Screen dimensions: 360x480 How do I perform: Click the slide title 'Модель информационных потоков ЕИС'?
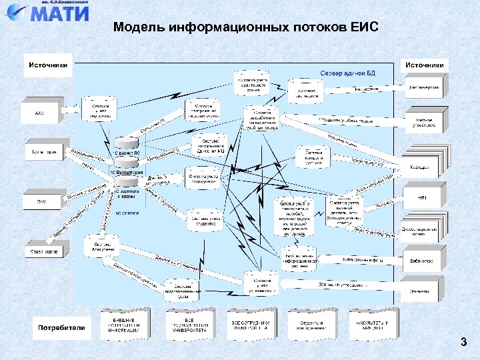click(x=245, y=27)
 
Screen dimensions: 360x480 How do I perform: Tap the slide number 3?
click(x=463, y=343)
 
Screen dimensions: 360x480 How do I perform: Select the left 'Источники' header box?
click(x=47, y=65)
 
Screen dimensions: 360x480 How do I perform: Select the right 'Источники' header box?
click(x=425, y=65)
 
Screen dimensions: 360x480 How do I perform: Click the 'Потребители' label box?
click(x=61, y=327)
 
